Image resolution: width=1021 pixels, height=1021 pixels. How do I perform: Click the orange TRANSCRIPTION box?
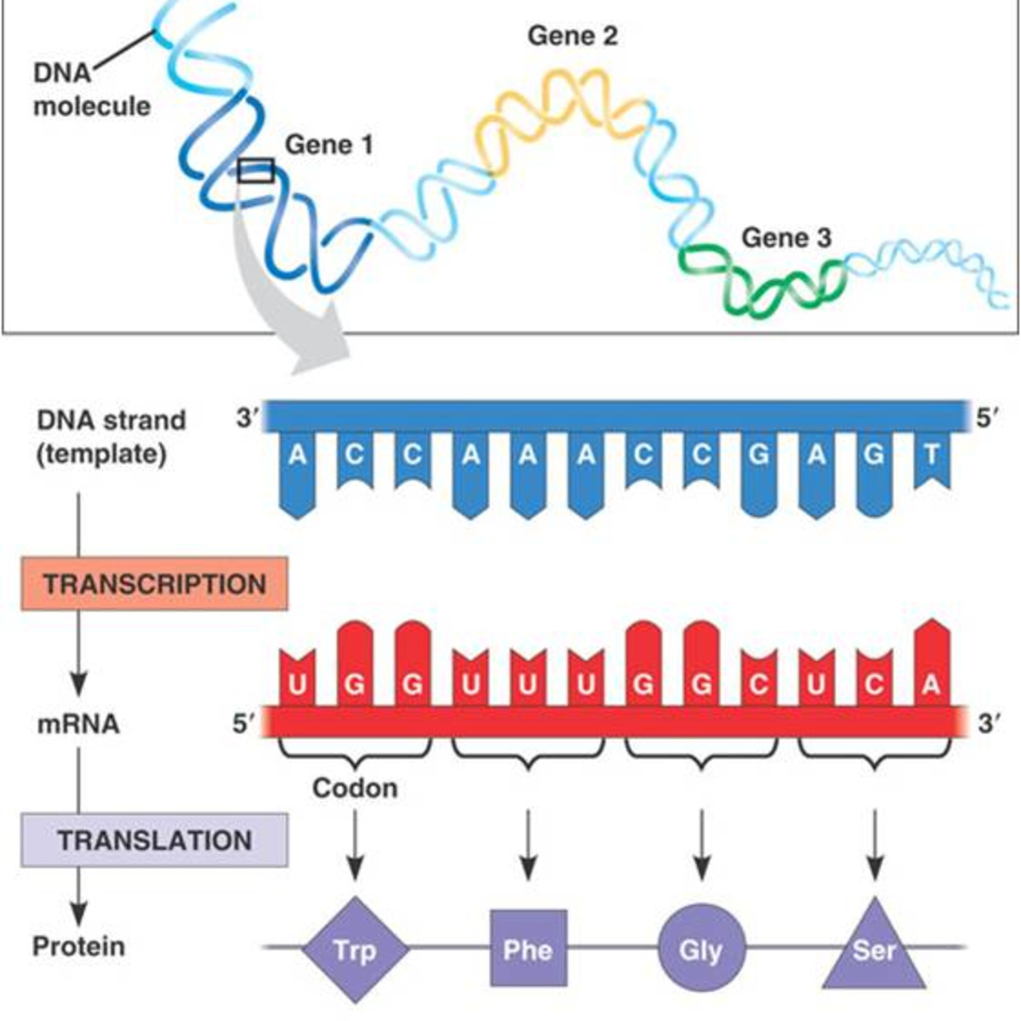[154, 585]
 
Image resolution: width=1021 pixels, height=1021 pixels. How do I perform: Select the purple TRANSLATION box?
[154, 841]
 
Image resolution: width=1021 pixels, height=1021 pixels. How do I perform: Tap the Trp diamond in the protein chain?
[355, 949]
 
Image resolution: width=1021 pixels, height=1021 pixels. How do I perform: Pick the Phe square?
[528, 948]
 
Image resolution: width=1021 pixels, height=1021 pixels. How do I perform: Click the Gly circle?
[702, 949]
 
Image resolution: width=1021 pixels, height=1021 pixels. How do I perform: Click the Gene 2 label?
[572, 36]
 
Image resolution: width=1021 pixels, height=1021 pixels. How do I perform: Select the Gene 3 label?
[785, 237]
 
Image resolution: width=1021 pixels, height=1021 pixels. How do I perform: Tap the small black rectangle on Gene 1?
[256, 170]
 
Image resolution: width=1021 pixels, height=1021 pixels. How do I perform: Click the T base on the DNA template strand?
[932, 455]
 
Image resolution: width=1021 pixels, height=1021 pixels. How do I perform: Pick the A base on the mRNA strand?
[932, 684]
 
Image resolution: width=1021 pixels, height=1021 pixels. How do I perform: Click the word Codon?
[355, 788]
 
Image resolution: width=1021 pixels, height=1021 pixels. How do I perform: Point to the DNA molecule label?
[90, 89]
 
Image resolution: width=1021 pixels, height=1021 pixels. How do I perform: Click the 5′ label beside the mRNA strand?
[244, 724]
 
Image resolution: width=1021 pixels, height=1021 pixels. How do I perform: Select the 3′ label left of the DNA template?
[247, 419]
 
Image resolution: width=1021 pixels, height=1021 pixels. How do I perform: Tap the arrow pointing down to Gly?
[702, 842]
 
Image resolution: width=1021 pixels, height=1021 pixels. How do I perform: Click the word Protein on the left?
[78, 946]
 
